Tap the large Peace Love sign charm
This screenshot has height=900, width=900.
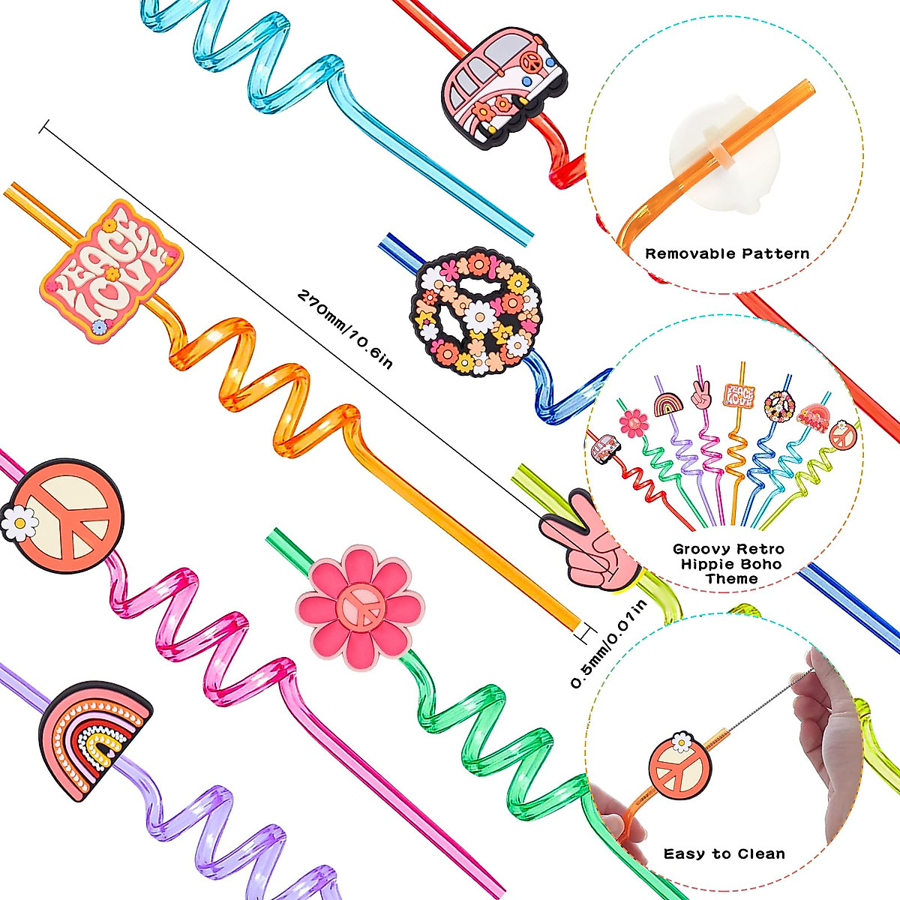click(111, 271)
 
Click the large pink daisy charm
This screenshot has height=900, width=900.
click(360, 608)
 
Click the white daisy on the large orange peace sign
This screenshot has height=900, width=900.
click(19, 522)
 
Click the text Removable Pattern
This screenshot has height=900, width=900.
click(727, 254)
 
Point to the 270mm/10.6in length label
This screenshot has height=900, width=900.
click(345, 330)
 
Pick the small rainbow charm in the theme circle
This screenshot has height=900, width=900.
click(668, 404)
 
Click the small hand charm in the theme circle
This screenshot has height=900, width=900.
click(700, 395)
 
